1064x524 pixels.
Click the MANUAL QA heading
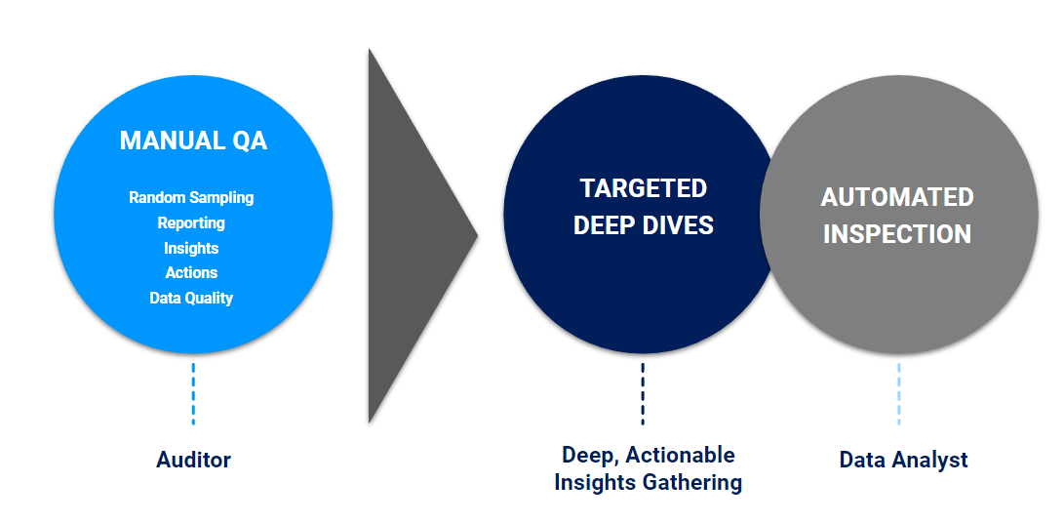(193, 141)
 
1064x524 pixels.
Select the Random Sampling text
(191, 197)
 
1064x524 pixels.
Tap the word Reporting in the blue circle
(191, 222)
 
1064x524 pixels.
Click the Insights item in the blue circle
(191, 248)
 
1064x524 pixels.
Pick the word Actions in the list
(191, 272)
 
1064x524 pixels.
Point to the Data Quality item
(191, 298)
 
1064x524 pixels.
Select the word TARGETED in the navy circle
(644, 188)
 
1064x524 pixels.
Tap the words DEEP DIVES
(644, 225)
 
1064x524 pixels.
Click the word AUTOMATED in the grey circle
(897, 197)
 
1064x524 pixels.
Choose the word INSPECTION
(897, 234)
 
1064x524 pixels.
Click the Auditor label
(193, 460)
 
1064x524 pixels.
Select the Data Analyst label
(903, 460)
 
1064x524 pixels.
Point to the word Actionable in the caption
(681, 455)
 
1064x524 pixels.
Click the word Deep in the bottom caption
(588, 455)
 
